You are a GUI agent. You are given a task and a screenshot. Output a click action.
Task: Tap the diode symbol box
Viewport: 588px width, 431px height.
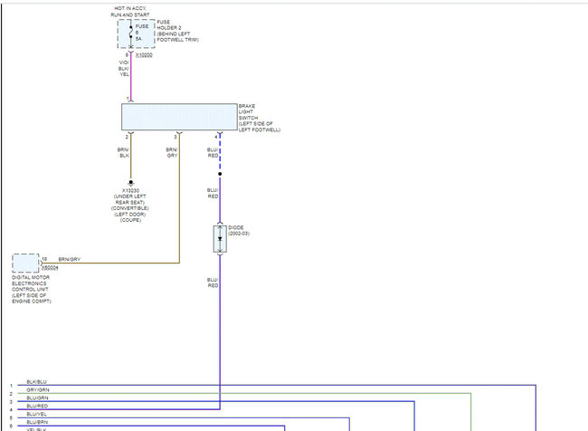pyautogui.click(x=220, y=238)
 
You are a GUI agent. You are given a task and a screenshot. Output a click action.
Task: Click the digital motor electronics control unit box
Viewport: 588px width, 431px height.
pyautogui.click(x=25, y=263)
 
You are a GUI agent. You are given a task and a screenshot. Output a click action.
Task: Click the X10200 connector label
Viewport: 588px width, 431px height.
pyautogui.click(x=144, y=55)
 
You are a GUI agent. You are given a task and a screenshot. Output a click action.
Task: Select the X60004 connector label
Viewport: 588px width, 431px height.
pyautogui.click(x=49, y=268)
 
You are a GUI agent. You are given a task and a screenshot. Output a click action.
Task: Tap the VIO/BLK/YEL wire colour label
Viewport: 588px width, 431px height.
pyautogui.click(x=124, y=68)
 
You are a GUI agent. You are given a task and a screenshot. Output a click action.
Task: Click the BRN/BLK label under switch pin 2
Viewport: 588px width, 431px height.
pyautogui.click(x=124, y=151)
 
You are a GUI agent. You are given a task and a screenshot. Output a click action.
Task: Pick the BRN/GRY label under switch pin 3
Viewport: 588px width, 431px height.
pyautogui.click(x=172, y=151)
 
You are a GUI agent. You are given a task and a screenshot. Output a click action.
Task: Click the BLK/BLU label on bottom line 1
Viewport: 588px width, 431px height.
pyautogui.click(x=37, y=382)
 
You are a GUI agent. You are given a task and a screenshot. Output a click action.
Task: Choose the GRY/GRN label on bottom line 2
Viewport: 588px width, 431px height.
pyautogui.click(x=37, y=390)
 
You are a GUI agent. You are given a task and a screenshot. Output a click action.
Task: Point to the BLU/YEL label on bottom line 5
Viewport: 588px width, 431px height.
pyautogui.click(x=37, y=415)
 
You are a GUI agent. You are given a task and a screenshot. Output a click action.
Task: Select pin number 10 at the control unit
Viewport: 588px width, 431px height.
pyautogui.click(x=43, y=259)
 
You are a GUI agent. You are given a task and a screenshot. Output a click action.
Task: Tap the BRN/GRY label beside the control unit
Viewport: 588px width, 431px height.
pyautogui.click(x=70, y=260)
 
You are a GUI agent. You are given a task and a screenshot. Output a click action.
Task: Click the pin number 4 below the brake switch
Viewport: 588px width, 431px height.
pyautogui.click(x=216, y=136)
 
